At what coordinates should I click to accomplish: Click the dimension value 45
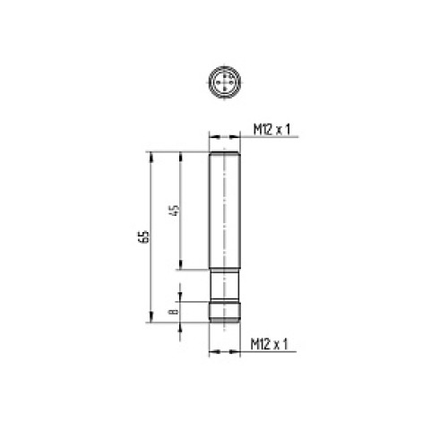(176, 211)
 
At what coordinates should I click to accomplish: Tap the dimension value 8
(176, 311)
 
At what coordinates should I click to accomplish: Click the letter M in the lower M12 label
(254, 344)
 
